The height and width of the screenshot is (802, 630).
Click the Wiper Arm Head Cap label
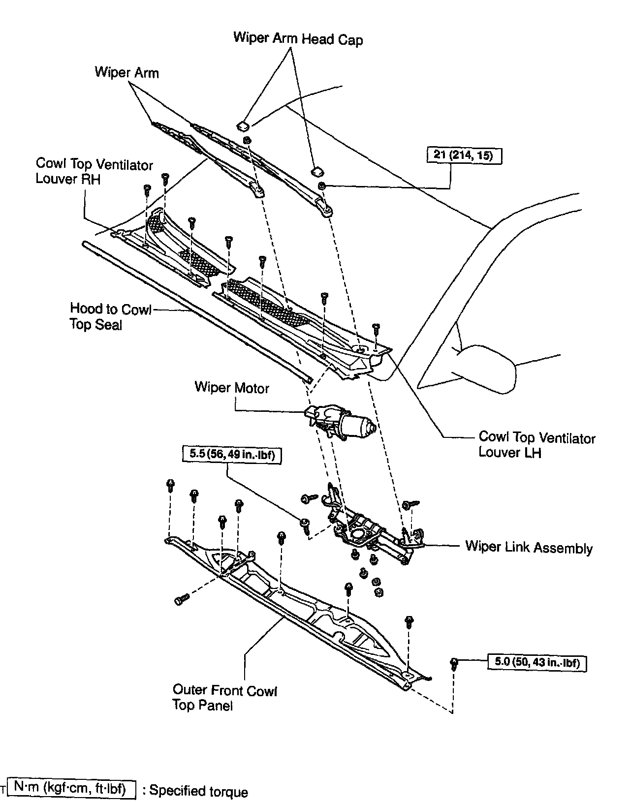coord(298,39)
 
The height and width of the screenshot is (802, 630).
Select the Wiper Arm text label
coord(126,72)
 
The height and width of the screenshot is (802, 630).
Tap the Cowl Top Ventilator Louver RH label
coord(94,171)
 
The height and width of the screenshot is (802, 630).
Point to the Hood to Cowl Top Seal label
coord(111,317)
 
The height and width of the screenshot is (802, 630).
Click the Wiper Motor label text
coord(232,388)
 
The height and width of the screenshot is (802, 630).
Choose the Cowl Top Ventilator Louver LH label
coord(537,445)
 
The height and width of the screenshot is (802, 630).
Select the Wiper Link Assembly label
coord(529,547)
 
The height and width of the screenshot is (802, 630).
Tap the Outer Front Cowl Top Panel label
coord(225,697)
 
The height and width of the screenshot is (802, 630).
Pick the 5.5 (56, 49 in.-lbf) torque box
coord(232,454)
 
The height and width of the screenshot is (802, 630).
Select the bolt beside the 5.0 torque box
coord(454,664)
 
